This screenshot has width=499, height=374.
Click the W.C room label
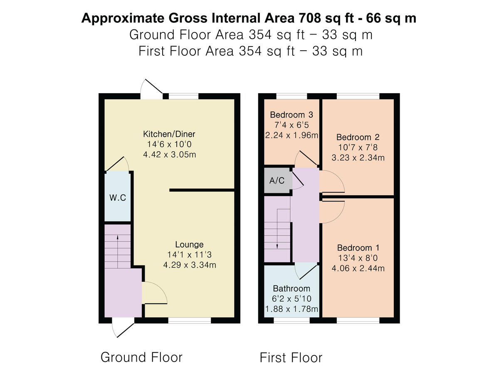click(118, 198)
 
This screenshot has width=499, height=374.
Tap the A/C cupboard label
click(277, 181)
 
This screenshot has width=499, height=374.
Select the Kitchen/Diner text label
click(169, 134)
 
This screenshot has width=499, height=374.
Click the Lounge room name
click(189, 244)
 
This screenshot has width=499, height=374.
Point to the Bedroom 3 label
click(291, 115)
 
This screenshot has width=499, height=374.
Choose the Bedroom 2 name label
click(358, 137)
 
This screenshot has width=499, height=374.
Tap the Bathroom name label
click(291, 288)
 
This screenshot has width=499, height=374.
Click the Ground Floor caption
click(141, 357)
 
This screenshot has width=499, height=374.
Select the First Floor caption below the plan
click(291, 357)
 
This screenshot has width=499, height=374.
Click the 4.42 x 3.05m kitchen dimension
click(169, 155)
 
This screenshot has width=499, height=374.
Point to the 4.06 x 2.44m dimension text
click(358, 268)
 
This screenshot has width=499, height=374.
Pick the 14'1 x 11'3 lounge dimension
click(189, 255)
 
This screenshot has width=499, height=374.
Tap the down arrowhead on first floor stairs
click(277, 246)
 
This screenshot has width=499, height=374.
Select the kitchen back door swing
click(151, 88)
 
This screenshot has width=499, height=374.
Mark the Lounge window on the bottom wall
click(190, 320)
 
